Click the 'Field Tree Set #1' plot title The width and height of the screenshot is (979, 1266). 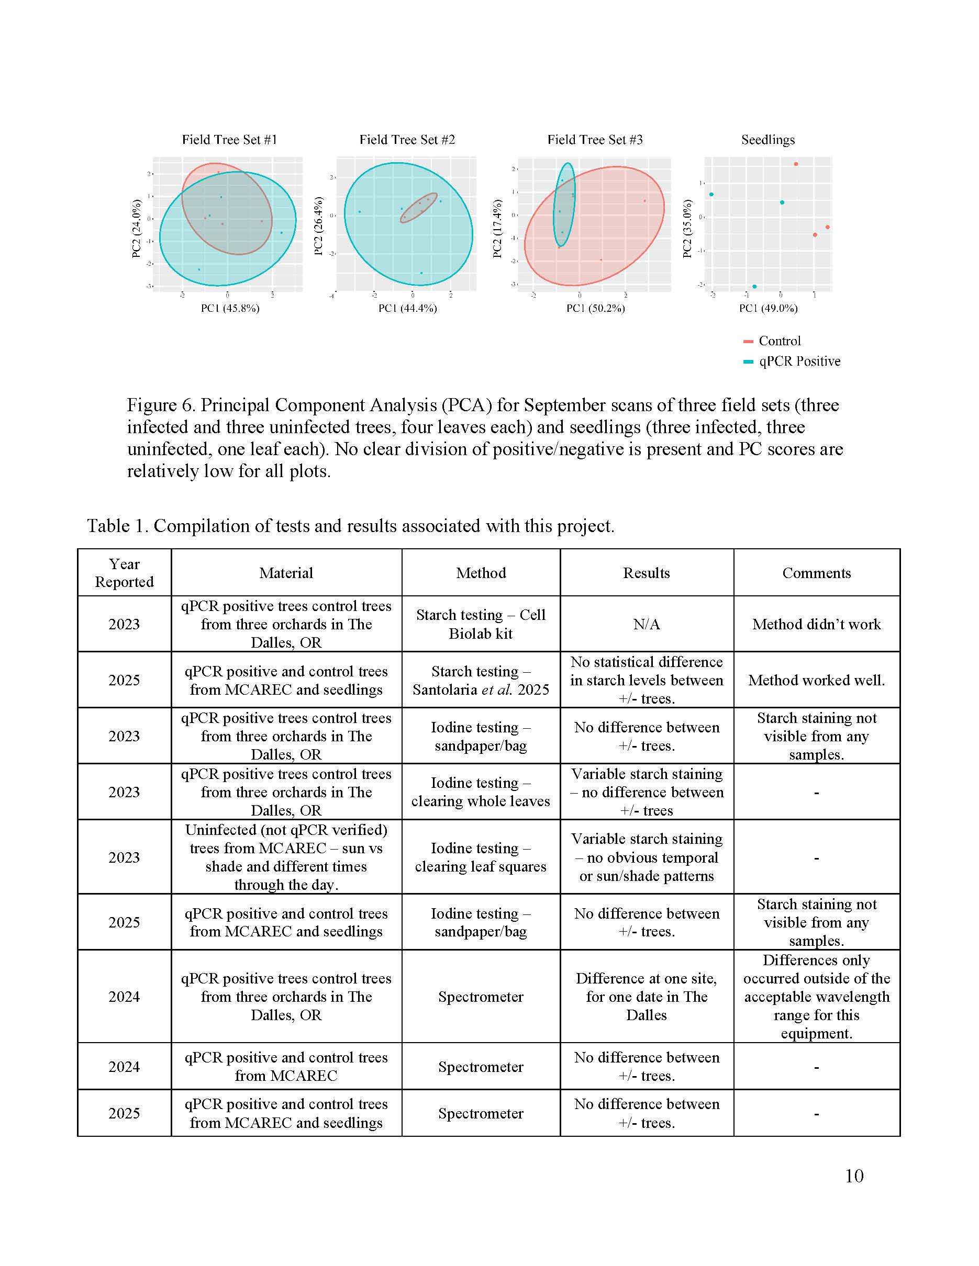[230, 140]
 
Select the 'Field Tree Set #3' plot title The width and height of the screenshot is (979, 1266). [595, 140]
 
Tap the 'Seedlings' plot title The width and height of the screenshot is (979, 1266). [768, 140]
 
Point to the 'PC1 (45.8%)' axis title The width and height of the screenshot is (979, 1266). [230, 308]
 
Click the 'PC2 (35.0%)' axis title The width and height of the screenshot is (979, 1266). [687, 229]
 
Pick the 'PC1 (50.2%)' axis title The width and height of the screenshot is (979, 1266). [596, 308]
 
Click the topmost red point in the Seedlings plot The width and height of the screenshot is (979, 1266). [796, 164]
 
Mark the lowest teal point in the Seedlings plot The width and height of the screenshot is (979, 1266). [754, 286]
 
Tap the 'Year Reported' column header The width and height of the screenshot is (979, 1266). [124, 573]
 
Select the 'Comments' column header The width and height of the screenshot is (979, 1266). [816, 573]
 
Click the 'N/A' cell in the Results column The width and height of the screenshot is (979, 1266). [646, 624]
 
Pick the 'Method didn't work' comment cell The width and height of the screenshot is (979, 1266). [816, 624]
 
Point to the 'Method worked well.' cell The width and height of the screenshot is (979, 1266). [816, 680]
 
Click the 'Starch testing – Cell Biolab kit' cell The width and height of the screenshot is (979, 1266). [480, 624]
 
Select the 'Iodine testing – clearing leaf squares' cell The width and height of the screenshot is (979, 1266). [480, 857]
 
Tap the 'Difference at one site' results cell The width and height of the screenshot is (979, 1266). [646, 997]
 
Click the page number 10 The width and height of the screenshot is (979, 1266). [854, 1175]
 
